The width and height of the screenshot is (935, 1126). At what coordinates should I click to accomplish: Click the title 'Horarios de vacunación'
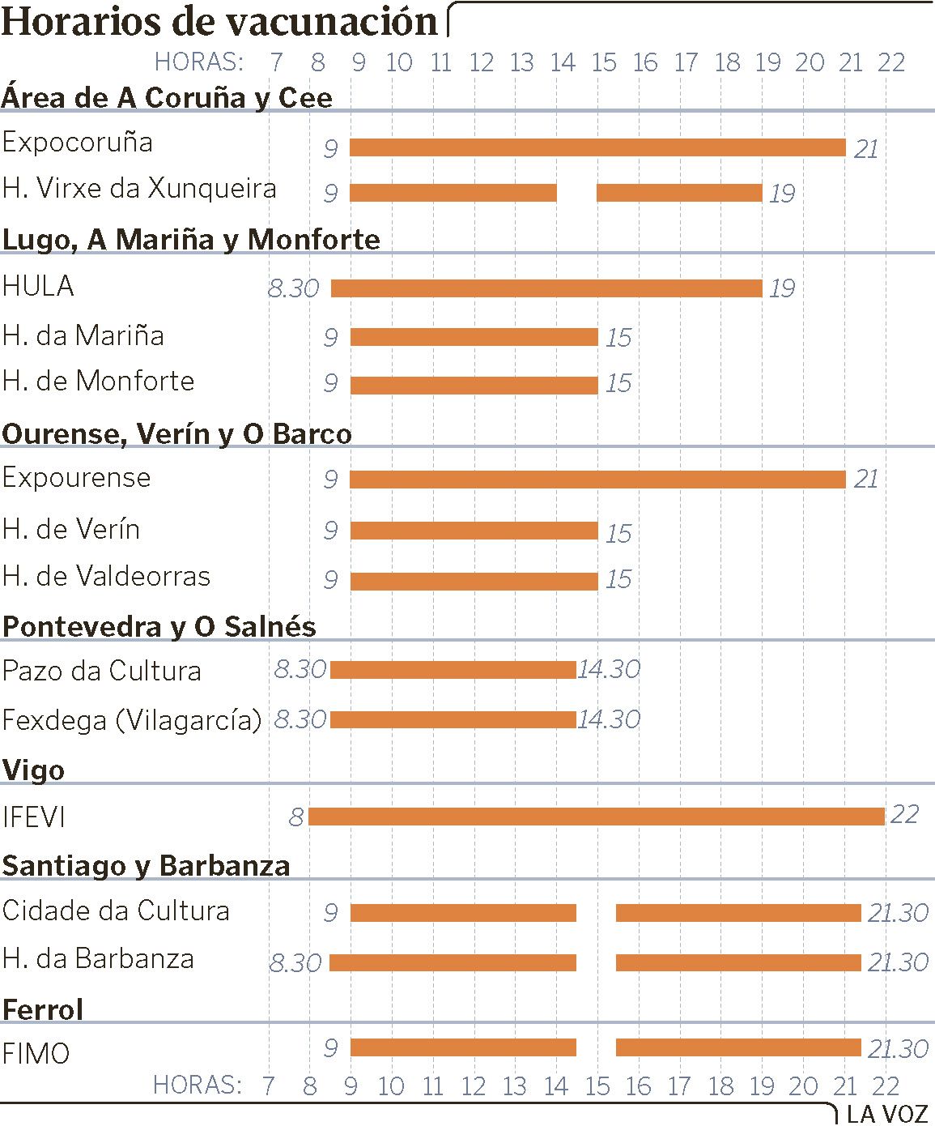(x=220, y=21)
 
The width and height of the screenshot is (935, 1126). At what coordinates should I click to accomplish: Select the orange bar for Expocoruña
(x=597, y=147)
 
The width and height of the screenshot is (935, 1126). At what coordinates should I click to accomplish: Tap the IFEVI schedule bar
(x=597, y=817)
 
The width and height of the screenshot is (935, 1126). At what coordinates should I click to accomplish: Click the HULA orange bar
(x=546, y=288)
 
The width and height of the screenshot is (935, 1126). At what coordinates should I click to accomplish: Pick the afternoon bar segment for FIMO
(x=738, y=1047)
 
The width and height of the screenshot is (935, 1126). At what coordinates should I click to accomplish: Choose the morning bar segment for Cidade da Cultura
(x=463, y=913)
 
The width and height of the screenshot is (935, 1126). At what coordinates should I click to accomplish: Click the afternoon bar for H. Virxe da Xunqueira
(x=679, y=193)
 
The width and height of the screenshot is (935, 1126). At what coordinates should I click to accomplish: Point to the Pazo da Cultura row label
(x=102, y=671)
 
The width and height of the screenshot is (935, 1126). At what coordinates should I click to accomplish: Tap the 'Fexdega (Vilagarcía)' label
(x=132, y=719)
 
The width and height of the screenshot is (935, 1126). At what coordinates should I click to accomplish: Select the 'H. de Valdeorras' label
(x=106, y=577)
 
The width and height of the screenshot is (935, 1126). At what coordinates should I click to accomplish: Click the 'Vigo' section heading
(x=33, y=770)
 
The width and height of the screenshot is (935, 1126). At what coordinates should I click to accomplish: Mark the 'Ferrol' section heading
(x=43, y=1009)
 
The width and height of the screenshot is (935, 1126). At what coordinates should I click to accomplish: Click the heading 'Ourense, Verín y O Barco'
(x=176, y=434)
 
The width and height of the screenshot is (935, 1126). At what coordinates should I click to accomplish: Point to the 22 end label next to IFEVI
(x=904, y=813)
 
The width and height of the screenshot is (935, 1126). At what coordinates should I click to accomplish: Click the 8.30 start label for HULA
(x=294, y=288)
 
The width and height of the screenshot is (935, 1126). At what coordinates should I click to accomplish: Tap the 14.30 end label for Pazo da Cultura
(x=609, y=669)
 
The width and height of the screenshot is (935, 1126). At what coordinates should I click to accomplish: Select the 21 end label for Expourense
(x=865, y=479)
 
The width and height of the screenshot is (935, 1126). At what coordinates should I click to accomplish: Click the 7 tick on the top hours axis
(x=277, y=62)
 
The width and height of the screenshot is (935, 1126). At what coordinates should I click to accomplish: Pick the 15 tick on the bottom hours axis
(x=597, y=1086)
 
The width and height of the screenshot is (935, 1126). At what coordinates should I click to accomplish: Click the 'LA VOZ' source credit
(x=887, y=1114)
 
